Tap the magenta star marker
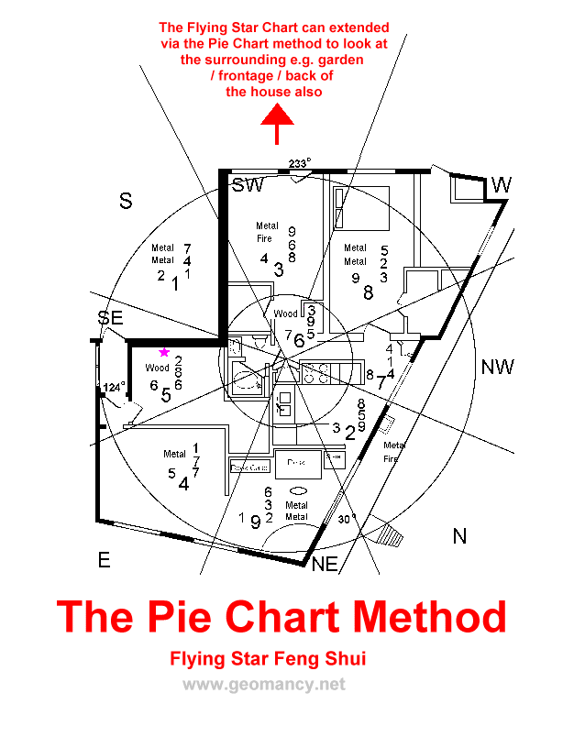(164, 352)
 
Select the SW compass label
(248, 186)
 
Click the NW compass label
(497, 368)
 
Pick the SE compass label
(111, 318)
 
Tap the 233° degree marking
(299, 163)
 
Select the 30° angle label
(346, 519)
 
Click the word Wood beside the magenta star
(157, 368)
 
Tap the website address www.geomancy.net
(264, 684)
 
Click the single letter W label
(501, 186)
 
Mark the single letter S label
(127, 202)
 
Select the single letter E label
(104, 560)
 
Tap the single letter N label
(459, 536)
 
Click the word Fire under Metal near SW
(264, 238)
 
